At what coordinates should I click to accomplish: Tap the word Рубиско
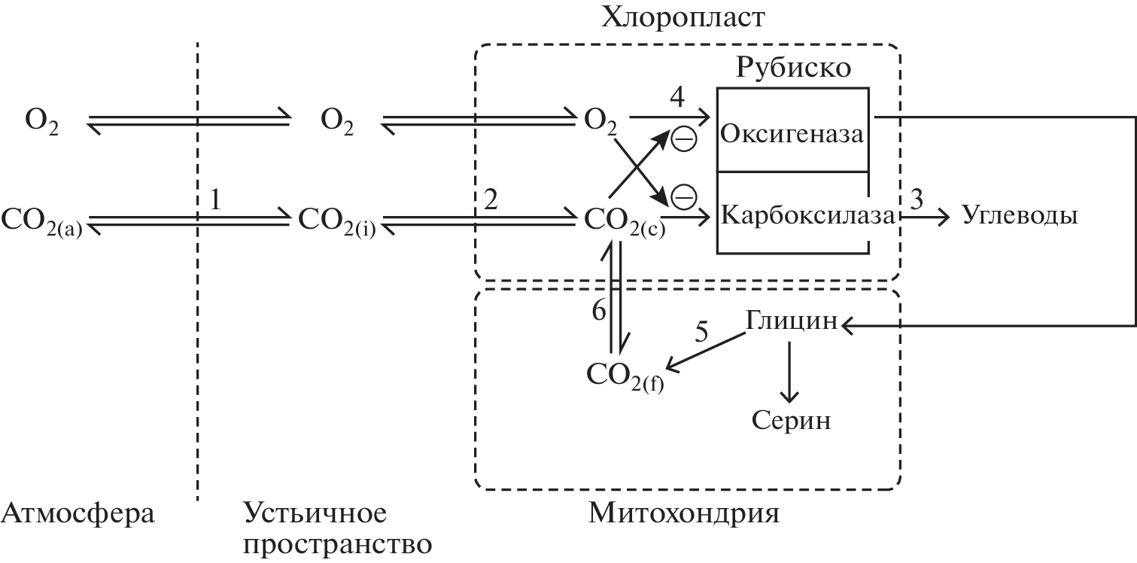(793, 68)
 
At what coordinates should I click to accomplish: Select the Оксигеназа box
(792, 134)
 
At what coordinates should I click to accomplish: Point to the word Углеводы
(1020, 216)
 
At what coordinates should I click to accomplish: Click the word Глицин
(792, 321)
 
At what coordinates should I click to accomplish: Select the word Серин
(792, 419)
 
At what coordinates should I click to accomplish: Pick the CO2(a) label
(45, 219)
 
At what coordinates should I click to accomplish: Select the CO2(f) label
(625, 375)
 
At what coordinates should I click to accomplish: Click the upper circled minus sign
(683, 138)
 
